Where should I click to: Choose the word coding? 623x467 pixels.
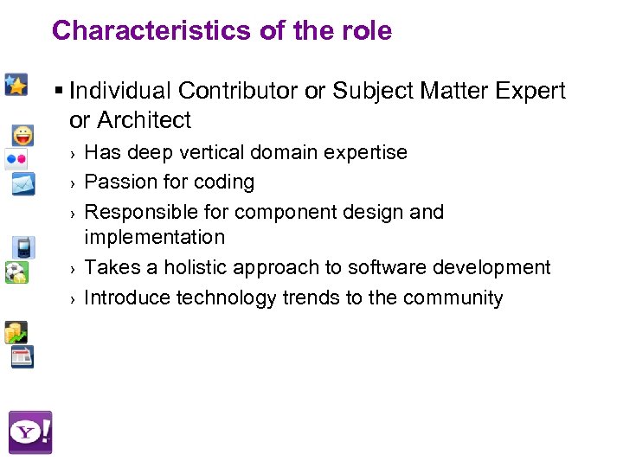pos(225,182)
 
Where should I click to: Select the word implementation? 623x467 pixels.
pos(154,237)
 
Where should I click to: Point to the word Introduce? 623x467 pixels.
pos(128,297)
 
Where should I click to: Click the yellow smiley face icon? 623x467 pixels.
pos(23,136)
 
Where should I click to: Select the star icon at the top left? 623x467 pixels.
pos(16,84)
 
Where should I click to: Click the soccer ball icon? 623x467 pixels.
pos(16,272)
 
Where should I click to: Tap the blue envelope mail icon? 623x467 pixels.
pos(22,183)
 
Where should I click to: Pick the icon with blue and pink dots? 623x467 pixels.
pos(16,159)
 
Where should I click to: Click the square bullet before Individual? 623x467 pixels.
pos(58,91)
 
